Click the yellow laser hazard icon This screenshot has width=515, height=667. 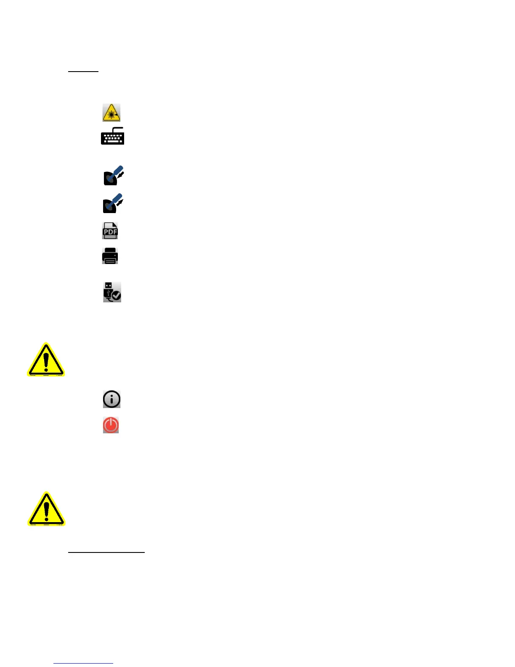111,113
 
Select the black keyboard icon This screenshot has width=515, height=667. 112,137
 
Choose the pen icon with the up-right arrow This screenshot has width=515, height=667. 113,203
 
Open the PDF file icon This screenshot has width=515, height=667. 110,231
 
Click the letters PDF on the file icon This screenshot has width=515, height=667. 110,232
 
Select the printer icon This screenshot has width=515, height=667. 110,256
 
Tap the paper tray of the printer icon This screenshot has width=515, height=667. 110,261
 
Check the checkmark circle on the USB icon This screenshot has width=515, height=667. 115,296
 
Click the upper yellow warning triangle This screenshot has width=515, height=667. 46,360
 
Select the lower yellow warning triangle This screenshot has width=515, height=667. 46,510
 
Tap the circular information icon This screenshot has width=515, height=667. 111,399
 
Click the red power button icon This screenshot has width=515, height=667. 111,425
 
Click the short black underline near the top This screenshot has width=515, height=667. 83,72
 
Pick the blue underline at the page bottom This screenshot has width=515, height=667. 83,664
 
